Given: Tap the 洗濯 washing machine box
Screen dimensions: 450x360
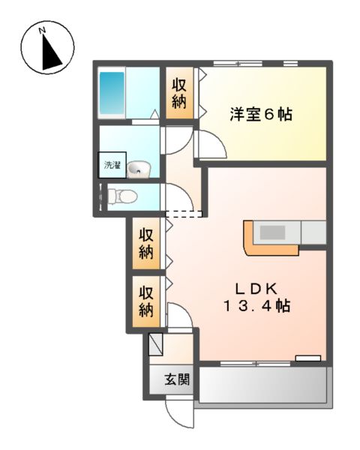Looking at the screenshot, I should pyautogui.click(x=112, y=165).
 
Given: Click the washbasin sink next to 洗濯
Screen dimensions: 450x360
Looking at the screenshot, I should pyautogui.click(x=138, y=170).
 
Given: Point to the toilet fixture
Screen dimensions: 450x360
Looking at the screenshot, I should pyautogui.click(x=123, y=197).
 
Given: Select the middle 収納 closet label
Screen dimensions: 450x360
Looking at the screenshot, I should pyautogui.click(x=145, y=243).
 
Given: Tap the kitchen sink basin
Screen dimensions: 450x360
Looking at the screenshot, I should pyautogui.click(x=271, y=231).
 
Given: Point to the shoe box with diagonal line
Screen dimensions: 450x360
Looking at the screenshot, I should pyautogui.click(x=156, y=344).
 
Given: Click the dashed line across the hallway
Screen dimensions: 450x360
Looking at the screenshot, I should pyautogui.click(x=184, y=215).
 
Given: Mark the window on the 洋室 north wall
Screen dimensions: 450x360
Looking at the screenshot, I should pyautogui.click(x=255, y=63).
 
